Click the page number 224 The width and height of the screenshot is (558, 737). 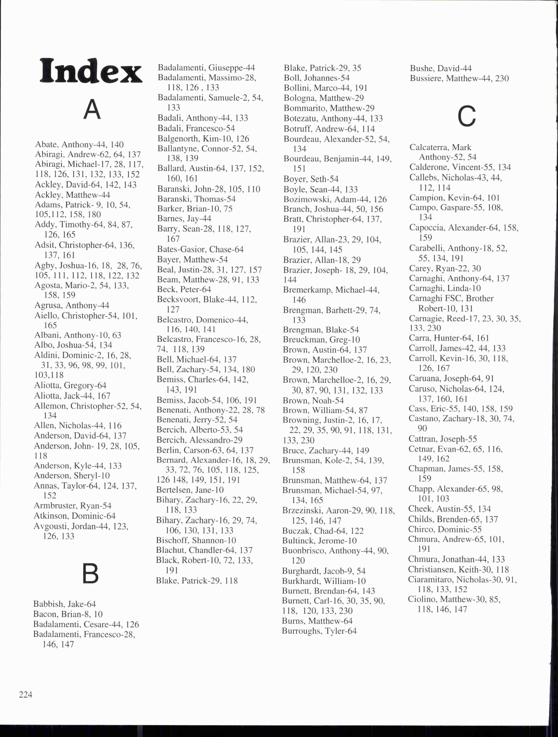click(x=26, y=694)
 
